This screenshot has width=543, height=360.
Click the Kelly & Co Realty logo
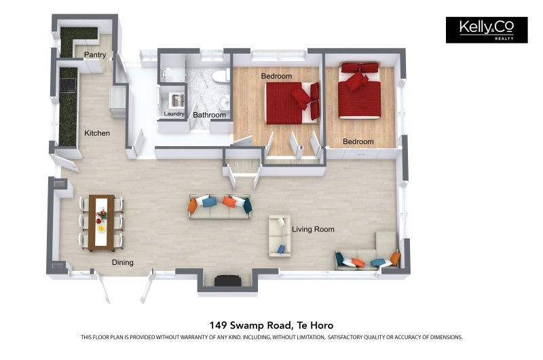point(486,30)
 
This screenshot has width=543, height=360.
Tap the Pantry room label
point(94,55)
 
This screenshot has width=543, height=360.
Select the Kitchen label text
point(97,133)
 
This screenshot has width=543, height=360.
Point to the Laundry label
point(174,114)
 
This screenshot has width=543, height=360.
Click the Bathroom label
point(209,115)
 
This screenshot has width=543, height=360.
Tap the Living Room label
point(313,230)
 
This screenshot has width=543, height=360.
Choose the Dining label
point(123,263)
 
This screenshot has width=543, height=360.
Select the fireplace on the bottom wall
point(227,281)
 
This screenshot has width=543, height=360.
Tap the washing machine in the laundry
point(176,100)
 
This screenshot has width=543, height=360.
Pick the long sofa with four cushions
point(220,207)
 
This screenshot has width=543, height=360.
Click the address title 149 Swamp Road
point(271,325)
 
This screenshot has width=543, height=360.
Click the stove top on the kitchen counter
point(68,85)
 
